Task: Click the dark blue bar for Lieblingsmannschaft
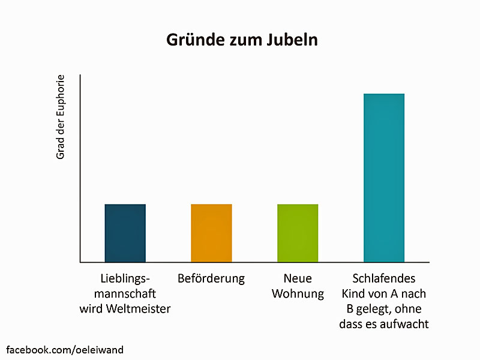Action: [x=125, y=233]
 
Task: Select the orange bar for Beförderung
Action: [x=211, y=233]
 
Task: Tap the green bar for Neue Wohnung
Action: [x=298, y=233]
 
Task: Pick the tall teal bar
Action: [x=384, y=178]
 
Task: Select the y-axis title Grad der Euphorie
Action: [x=60, y=116]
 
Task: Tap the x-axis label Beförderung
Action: [x=211, y=279]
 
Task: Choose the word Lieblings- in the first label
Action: [x=125, y=279]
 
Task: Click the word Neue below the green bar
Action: [x=298, y=279]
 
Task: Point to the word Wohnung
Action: [x=298, y=294]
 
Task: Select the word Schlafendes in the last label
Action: [x=384, y=279]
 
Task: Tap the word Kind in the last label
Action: [x=354, y=294]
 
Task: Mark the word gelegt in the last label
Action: [x=376, y=310]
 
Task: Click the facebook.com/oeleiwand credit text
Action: [x=65, y=349]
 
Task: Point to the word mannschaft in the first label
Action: [x=125, y=294]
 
